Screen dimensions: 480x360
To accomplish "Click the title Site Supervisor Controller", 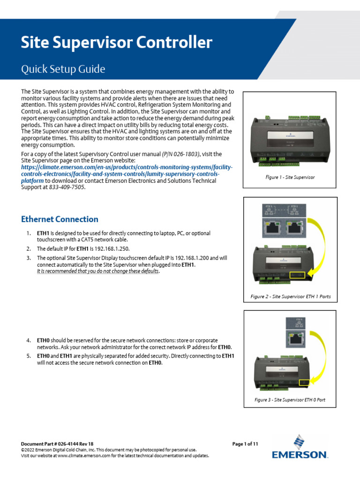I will (117, 43).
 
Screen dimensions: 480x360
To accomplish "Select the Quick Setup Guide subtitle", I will (63, 69).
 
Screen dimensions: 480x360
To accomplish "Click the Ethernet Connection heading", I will (60, 219).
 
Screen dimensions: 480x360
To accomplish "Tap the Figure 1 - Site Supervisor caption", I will (290, 177).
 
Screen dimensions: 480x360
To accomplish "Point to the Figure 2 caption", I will (291, 297).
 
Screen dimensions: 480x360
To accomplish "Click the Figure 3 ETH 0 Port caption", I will (290, 400).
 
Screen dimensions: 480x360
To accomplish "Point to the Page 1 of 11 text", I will (245, 443).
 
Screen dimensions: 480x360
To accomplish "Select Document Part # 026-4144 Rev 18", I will (58, 443).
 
